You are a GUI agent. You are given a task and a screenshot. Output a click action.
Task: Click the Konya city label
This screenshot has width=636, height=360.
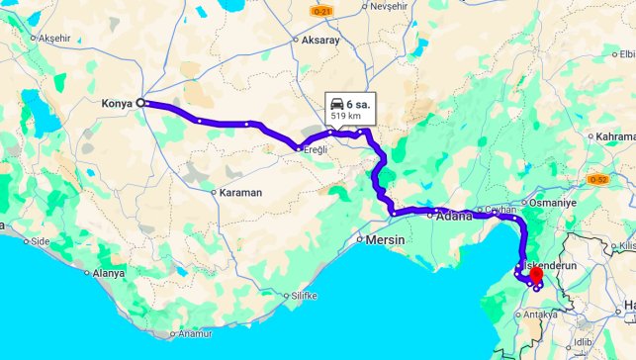[x=117, y=103]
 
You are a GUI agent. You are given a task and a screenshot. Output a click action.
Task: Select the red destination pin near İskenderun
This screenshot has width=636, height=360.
[x=536, y=277]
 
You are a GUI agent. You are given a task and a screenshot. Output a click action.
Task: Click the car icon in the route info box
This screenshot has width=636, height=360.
[x=336, y=104]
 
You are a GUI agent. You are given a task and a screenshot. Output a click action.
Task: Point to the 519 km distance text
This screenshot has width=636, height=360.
[x=345, y=116]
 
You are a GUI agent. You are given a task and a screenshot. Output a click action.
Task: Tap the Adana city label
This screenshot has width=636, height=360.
[x=455, y=216]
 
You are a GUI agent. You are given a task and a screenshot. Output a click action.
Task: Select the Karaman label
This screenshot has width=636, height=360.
[x=240, y=192]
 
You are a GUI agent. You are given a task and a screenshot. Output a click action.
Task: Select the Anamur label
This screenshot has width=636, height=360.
[x=194, y=334]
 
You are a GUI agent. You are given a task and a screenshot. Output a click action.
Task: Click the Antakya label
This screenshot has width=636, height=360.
[x=541, y=315]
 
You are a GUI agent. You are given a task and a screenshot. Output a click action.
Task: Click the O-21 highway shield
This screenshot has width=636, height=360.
[x=318, y=10]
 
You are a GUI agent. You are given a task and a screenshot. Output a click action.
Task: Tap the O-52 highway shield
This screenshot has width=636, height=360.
[x=597, y=180]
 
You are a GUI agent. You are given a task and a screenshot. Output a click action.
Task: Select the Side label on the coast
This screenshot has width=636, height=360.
[x=41, y=240]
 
